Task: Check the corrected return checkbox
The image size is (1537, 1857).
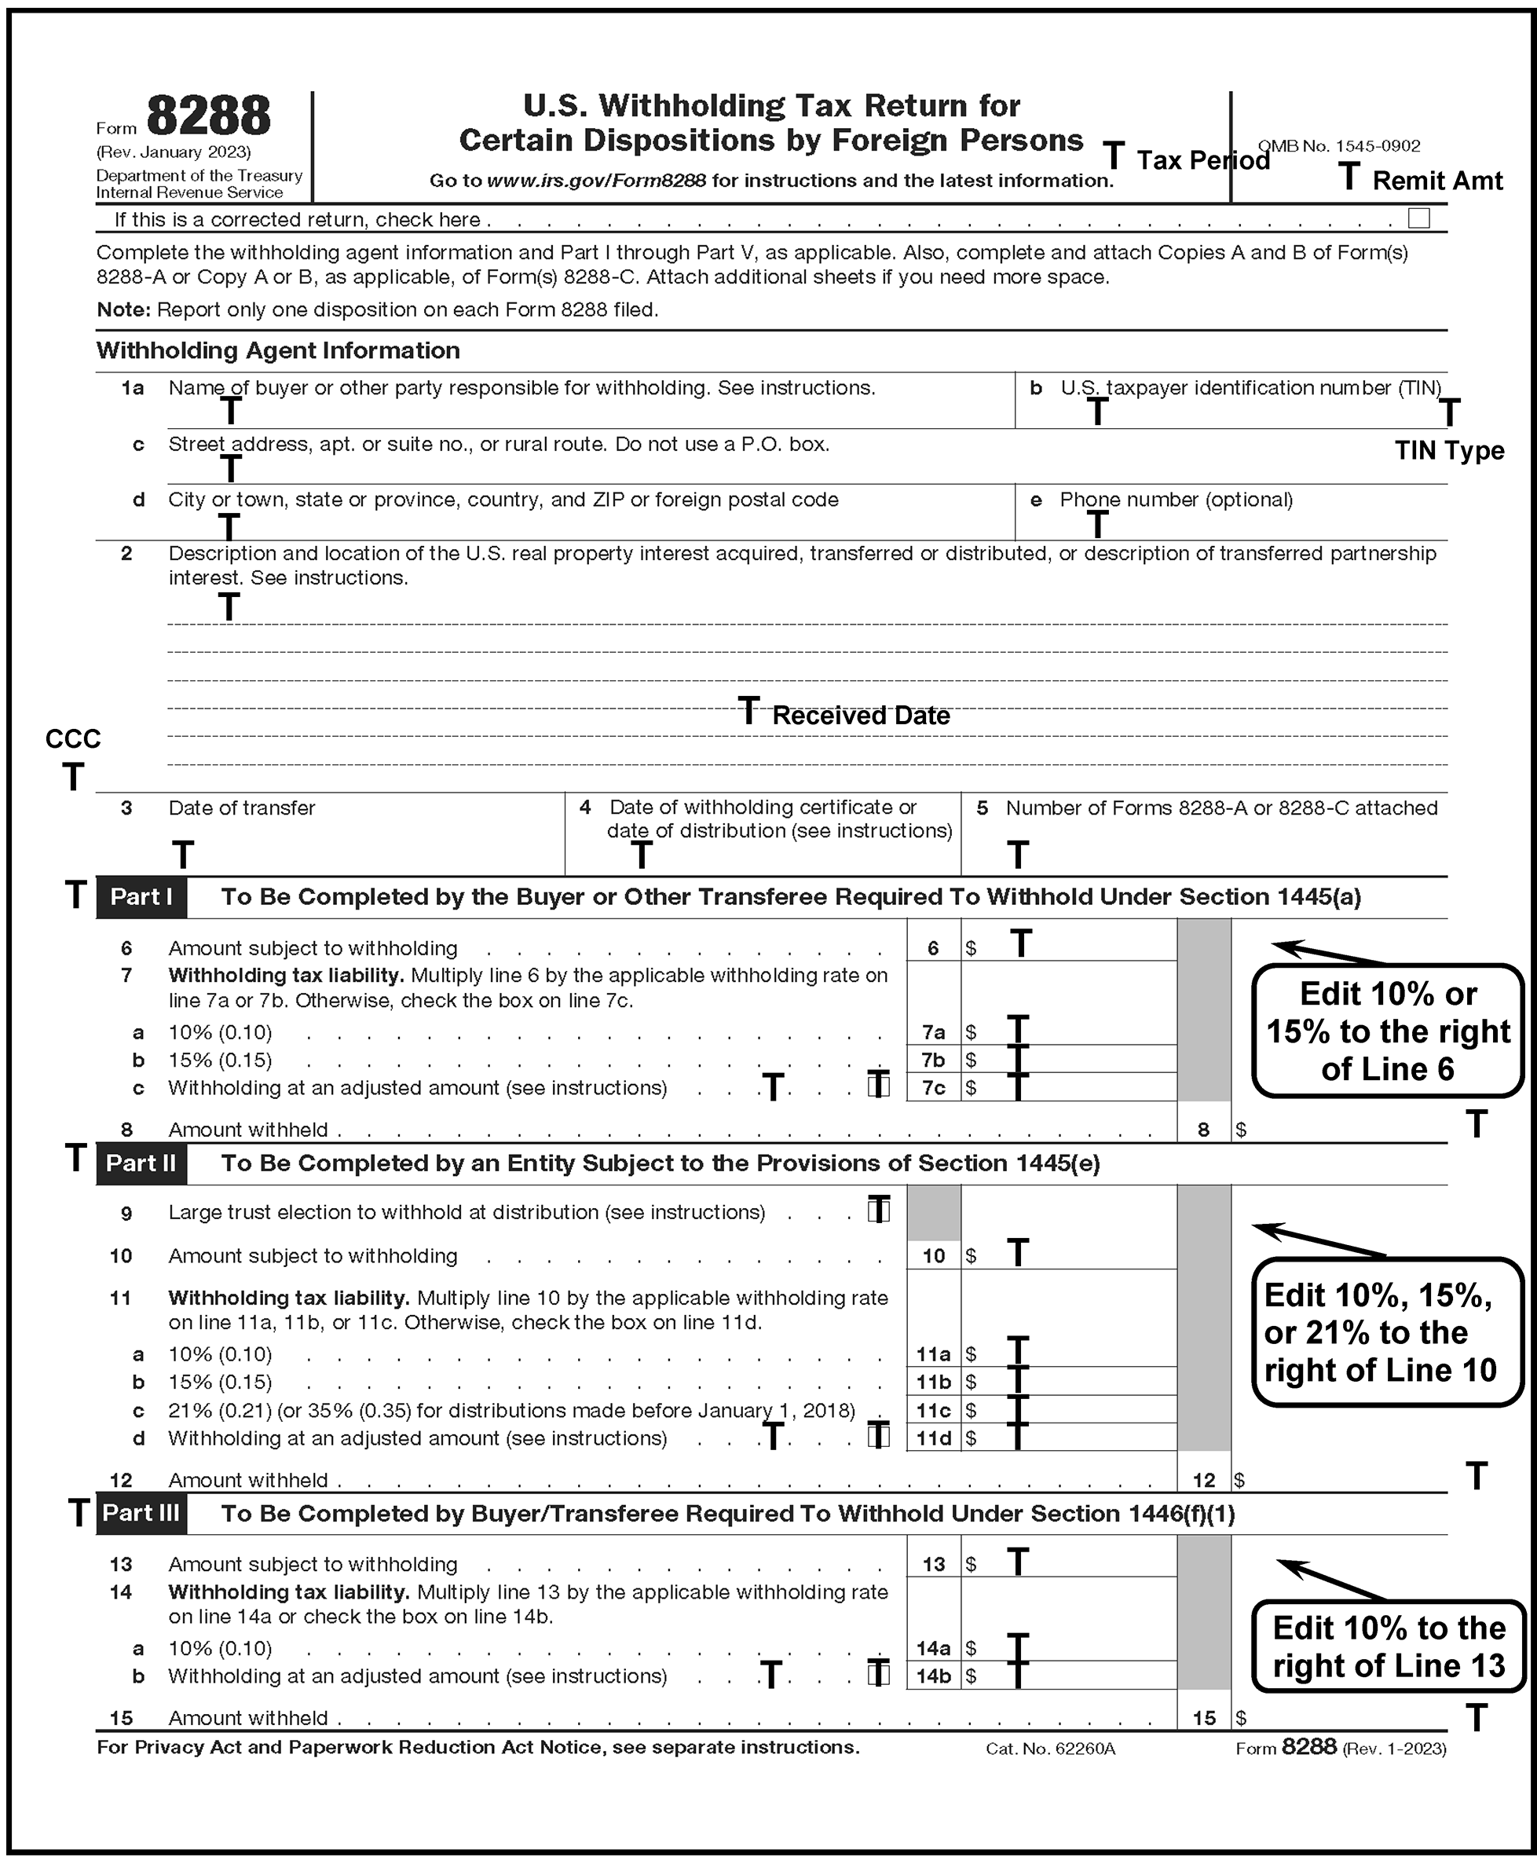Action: (1418, 218)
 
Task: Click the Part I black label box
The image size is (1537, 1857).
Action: (141, 896)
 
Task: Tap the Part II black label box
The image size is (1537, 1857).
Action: (141, 1163)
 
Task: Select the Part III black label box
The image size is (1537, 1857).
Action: (141, 1513)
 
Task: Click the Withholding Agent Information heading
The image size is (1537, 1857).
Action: (278, 350)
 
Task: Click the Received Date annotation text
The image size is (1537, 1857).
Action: (861, 716)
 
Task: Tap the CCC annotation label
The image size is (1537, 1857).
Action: (72, 739)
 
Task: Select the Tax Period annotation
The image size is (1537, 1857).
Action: (1202, 160)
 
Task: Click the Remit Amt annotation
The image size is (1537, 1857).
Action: (1437, 181)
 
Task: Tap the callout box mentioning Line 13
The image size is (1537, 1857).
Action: (1388, 1646)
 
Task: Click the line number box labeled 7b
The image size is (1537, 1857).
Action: (933, 1060)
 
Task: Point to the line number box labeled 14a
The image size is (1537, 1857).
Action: (933, 1648)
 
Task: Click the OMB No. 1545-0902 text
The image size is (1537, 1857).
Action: (1339, 146)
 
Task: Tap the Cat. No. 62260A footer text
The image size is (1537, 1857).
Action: (1051, 1749)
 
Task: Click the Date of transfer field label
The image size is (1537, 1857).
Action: (241, 808)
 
